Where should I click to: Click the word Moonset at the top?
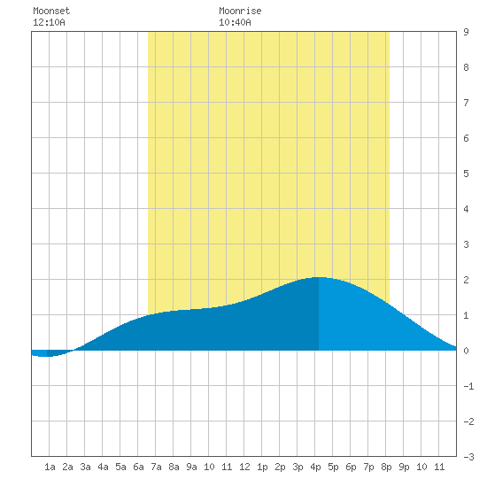point(51,11)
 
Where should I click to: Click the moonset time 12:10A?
point(49,22)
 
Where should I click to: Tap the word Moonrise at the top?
point(240,11)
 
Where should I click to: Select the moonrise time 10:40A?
point(235,22)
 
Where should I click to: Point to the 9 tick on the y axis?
point(466,32)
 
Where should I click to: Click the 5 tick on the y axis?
point(466,174)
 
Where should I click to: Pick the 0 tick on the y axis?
point(466,351)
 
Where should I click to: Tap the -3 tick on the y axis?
point(468,457)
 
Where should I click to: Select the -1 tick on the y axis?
point(468,386)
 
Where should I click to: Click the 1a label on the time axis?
point(50,467)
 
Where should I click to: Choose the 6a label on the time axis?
point(138,467)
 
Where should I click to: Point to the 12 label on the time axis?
point(244,467)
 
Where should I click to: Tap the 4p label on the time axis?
point(315,467)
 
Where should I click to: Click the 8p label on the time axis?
point(386,467)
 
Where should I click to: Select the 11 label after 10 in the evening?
point(439,467)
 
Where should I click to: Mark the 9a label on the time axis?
point(191,467)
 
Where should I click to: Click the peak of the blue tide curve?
point(319,277)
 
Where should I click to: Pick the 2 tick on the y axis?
point(466,280)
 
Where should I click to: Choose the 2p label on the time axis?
point(280,467)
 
